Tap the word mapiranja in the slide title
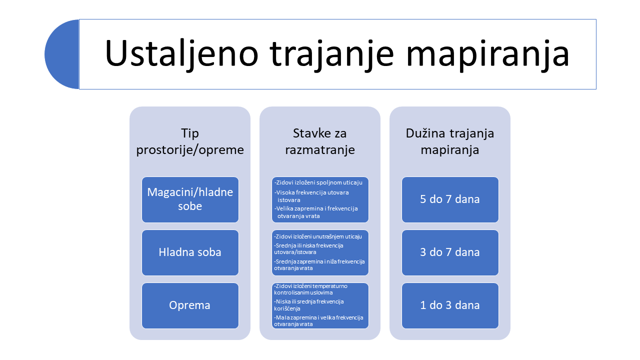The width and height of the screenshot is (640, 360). [x=487, y=54]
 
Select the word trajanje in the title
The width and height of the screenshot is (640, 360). [x=332, y=54]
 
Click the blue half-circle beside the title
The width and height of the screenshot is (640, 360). [x=62, y=54]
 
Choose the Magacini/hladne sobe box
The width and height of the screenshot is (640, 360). [x=190, y=199]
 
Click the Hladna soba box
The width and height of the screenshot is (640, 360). [x=190, y=252]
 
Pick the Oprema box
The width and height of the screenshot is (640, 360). [x=190, y=305]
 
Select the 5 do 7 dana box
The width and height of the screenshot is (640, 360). [x=450, y=199]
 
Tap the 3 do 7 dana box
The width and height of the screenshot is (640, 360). [x=450, y=252]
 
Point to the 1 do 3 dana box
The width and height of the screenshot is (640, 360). [x=450, y=305]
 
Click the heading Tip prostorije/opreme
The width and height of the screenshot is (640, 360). [x=190, y=141]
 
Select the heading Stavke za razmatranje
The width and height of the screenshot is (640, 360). [x=320, y=141]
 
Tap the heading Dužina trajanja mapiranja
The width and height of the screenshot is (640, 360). [x=450, y=141]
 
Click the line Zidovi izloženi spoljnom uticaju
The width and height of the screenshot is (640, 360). [x=318, y=182]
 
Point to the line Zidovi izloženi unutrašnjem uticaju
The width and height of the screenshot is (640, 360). [x=318, y=236]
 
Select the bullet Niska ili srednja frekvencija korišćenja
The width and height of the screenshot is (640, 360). [x=309, y=305]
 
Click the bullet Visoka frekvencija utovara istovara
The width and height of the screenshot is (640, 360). [x=311, y=196]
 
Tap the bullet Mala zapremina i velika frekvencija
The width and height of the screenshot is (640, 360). [x=318, y=321]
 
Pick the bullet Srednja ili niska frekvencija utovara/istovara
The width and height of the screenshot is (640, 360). [x=308, y=249]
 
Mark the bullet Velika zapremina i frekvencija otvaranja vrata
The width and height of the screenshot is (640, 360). [x=316, y=212]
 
